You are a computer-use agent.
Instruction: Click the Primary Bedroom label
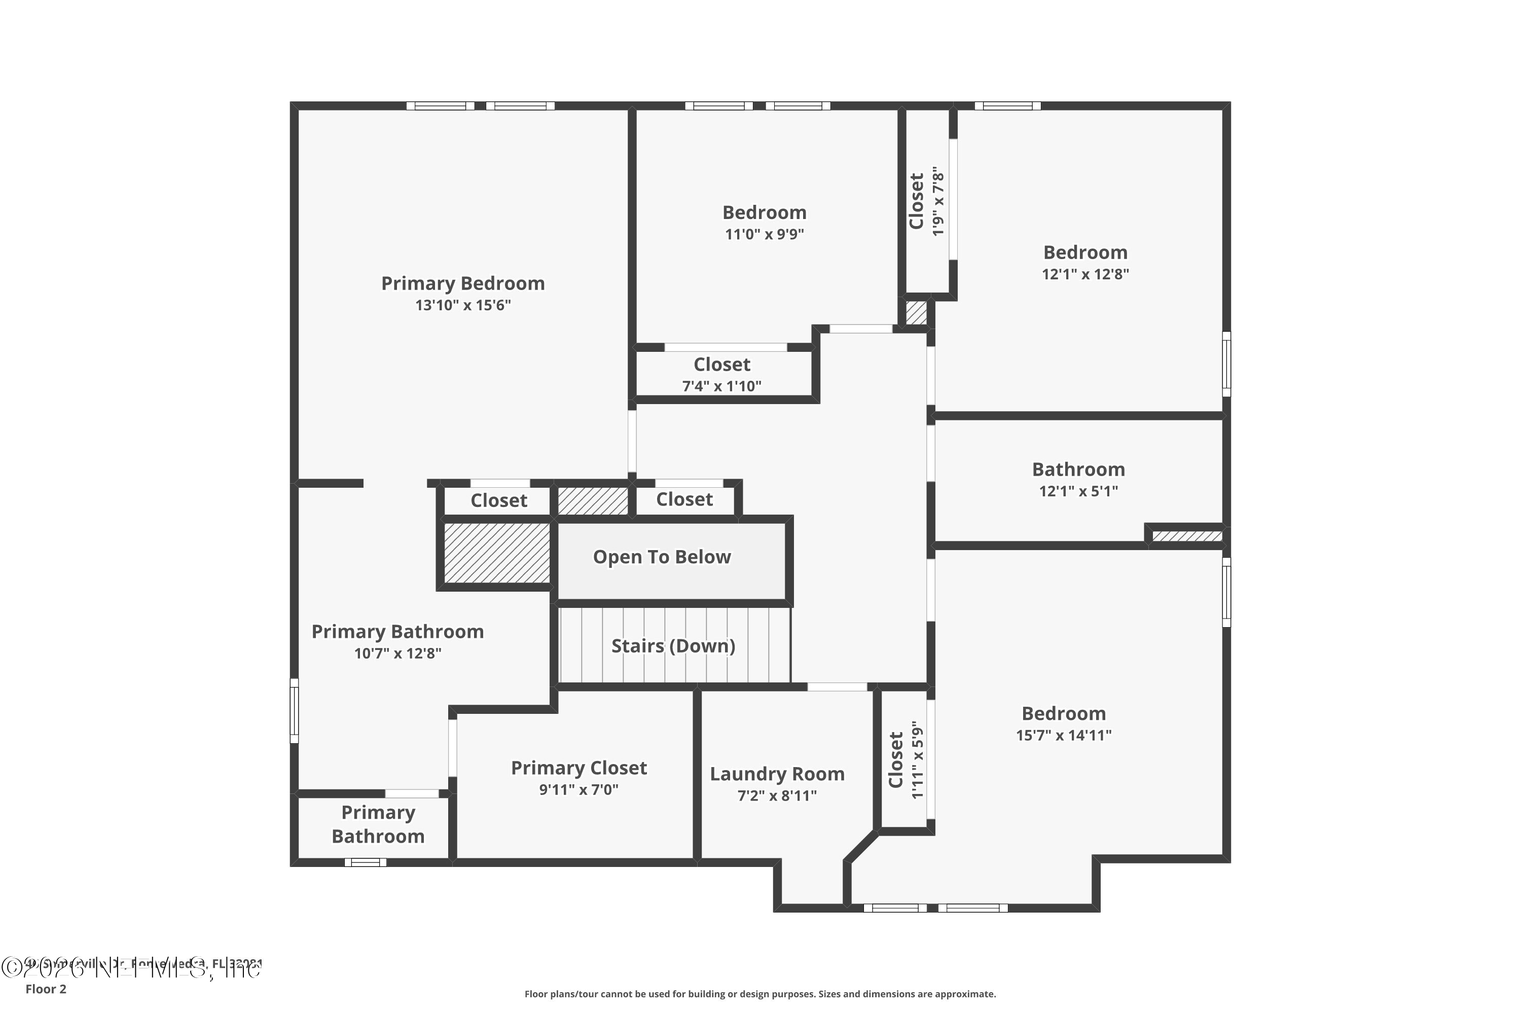coord(462,283)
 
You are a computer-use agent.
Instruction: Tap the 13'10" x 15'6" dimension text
coord(462,305)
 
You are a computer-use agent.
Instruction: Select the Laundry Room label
coord(777,774)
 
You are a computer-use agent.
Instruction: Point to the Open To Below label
coord(662,557)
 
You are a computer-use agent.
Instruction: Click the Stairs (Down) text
coord(673,645)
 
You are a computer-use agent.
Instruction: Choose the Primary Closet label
coord(579,768)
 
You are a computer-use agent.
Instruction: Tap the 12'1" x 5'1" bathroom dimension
coord(1078,491)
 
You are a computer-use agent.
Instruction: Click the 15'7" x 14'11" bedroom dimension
coord(1063,735)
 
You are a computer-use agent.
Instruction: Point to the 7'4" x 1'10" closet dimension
coord(721,386)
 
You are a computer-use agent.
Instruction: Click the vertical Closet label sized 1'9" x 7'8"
coord(916,201)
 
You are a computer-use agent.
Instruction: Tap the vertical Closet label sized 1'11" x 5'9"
coord(896,760)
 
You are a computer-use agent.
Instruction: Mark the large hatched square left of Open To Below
coord(497,554)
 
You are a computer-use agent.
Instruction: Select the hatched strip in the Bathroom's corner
coord(1187,536)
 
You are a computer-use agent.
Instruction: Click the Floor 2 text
coord(46,989)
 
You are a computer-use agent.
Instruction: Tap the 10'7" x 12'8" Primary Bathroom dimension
coord(397,653)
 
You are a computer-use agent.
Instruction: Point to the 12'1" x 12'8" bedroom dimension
coord(1084,274)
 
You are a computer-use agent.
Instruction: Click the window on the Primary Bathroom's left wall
coord(294,711)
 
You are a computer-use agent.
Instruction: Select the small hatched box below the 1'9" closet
coord(916,313)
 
